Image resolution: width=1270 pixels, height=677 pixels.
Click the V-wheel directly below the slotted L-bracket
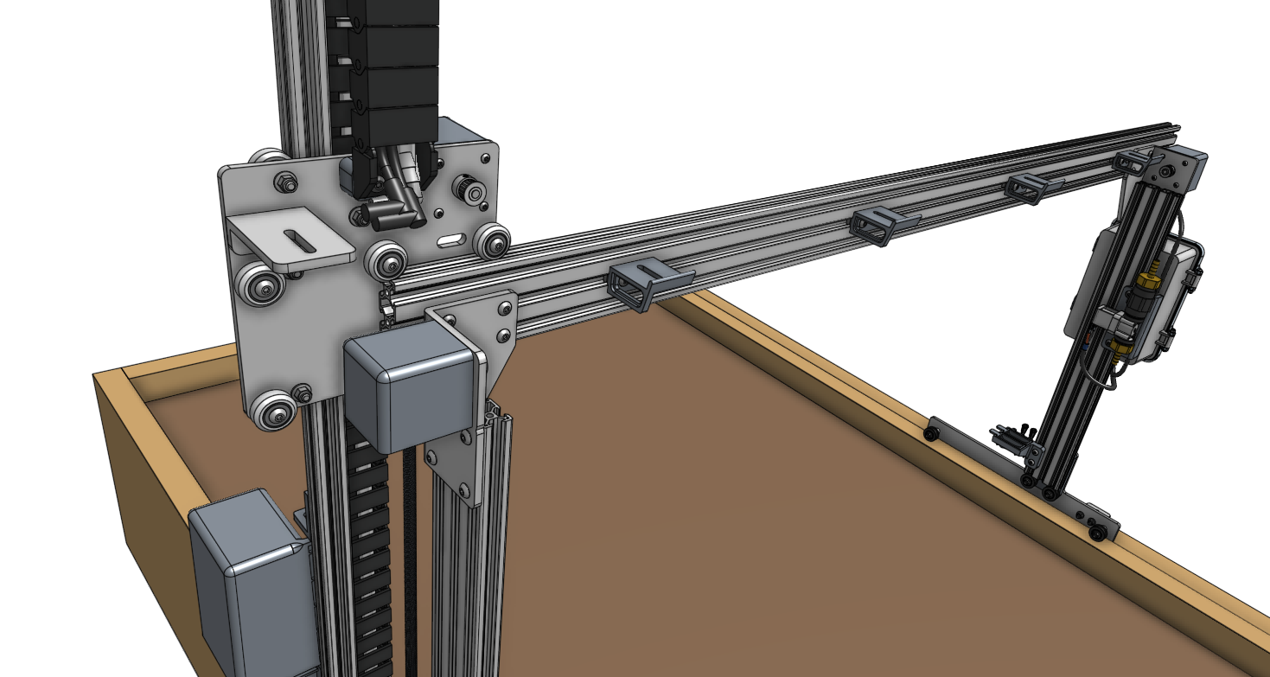coord(262,284)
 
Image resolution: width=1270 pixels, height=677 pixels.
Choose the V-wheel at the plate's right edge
coord(493,241)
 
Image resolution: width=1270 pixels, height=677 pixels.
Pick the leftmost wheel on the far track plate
coord(932,432)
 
